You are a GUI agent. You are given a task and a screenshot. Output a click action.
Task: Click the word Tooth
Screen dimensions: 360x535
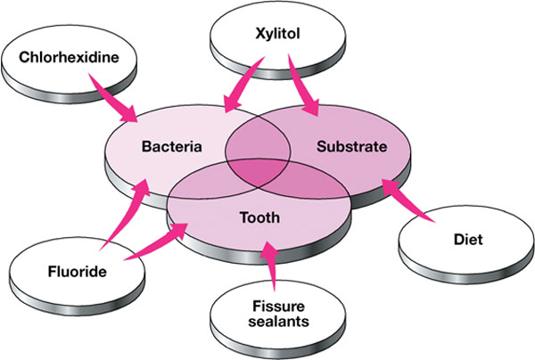tap(260, 217)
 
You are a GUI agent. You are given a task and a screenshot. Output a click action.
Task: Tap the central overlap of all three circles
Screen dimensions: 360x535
tap(259, 169)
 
